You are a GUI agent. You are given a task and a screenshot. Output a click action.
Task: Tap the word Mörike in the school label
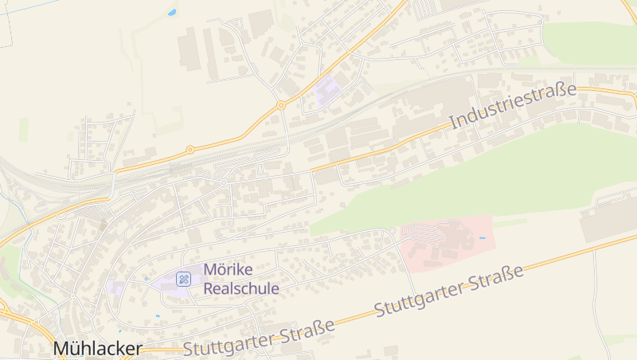[x=229, y=270]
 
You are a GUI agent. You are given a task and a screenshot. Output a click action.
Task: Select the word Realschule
[x=241, y=288]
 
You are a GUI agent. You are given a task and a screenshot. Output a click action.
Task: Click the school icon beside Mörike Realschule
[x=183, y=279]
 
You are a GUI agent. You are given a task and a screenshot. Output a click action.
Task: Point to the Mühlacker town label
[x=98, y=349]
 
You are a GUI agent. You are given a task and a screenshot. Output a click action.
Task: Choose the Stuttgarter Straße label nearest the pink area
[x=448, y=291]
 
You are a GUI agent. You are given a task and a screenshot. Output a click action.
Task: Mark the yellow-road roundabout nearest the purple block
[x=281, y=105]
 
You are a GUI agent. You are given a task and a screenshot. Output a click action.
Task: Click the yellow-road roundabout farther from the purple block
[x=190, y=150]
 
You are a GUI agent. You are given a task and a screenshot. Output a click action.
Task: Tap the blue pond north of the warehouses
[x=172, y=13]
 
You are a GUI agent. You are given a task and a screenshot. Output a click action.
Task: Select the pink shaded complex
[x=446, y=243]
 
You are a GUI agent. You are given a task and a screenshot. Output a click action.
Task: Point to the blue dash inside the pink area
[x=482, y=238]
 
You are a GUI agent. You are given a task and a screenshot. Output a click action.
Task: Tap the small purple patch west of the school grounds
[x=116, y=288]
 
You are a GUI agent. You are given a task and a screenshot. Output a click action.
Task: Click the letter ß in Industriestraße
[x=560, y=92]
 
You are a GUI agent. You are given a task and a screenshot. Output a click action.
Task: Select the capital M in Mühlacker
[x=62, y=349]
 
